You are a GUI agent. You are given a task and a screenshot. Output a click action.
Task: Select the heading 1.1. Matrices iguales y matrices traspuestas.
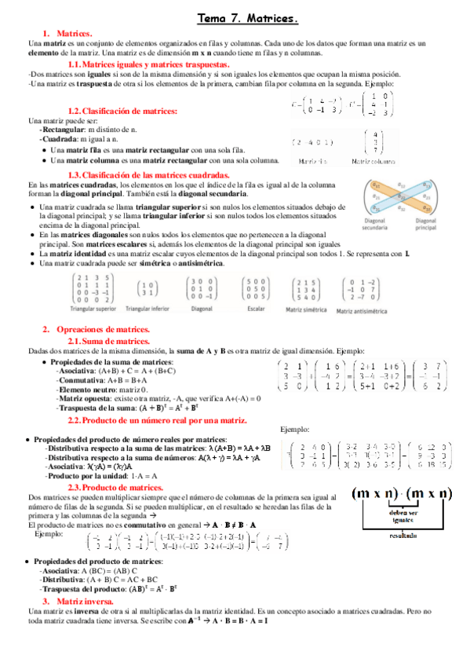click(148, 64)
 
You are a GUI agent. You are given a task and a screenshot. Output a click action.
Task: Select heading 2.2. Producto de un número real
click(157, 421)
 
